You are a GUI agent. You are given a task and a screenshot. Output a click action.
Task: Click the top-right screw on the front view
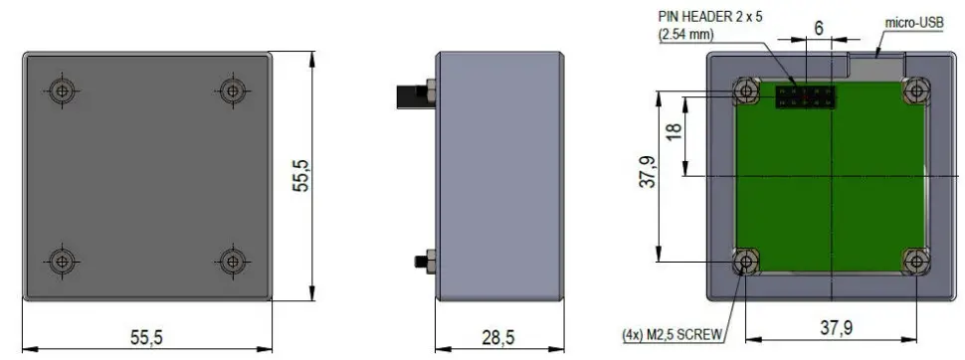pos(231,90)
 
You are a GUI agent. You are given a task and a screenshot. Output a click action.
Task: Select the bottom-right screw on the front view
pos(231,262)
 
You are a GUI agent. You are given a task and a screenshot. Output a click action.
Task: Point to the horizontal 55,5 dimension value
pos(146,338)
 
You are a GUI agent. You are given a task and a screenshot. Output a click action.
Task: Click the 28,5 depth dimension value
pos(498,338)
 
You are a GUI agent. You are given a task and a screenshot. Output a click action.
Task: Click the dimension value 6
pos(819,28)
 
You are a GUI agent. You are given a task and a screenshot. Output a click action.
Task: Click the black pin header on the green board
pos(805,96)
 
